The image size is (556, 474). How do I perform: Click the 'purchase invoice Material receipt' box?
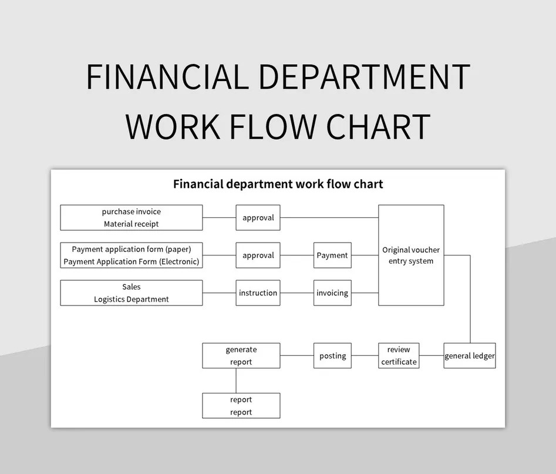(132, 217)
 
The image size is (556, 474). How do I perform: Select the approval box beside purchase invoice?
(258, 217)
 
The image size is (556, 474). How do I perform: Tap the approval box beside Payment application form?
(258, 256)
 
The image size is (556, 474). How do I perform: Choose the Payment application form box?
(132, 256)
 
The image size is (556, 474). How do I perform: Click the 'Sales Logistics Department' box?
(132, 293)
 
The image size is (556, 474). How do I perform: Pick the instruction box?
(258, 293)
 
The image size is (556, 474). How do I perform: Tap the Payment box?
(332, 256)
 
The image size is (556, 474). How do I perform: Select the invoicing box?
(332, 293)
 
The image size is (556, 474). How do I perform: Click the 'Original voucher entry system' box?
(410, 256)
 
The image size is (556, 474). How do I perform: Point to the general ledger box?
(469, 356)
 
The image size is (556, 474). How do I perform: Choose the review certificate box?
(399, 356)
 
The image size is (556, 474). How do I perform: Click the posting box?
(332, 356)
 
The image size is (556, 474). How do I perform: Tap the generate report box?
(241, 356)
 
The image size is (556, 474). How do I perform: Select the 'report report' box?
(241, 406)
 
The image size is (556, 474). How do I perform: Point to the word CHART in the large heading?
(378, 126)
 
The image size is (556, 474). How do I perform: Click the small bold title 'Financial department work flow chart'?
(278, 184)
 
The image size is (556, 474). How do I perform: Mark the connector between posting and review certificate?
(365, 356)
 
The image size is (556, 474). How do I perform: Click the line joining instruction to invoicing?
(296, 293)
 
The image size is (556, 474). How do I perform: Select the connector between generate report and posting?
(296, 356)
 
